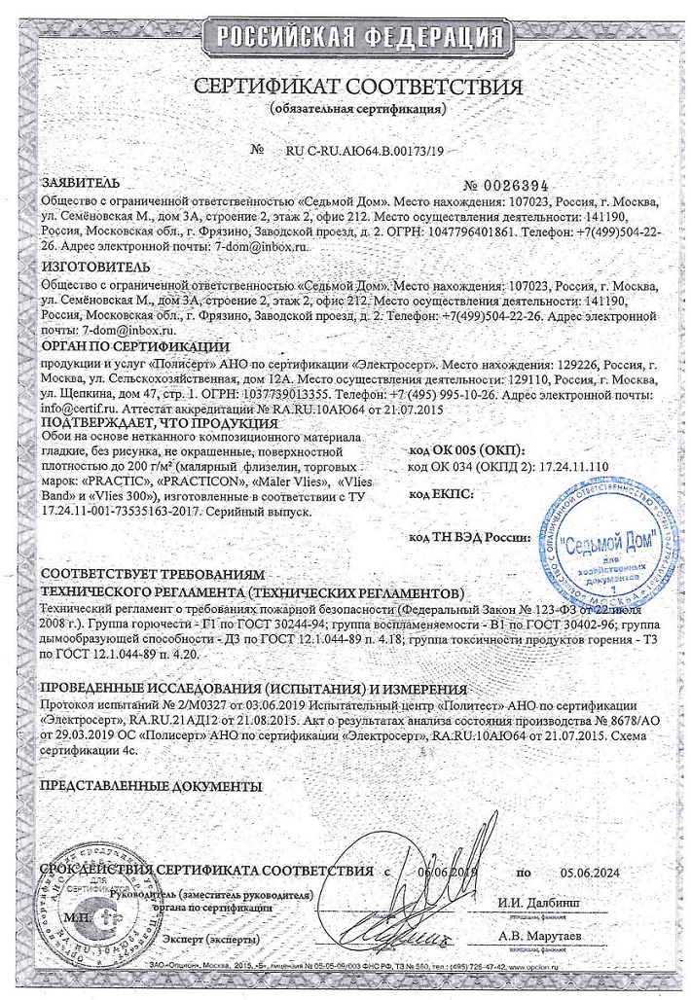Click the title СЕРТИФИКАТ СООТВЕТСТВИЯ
coord(345,86)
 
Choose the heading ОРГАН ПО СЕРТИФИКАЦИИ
coord(135,345)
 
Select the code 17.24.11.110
coord(563,467)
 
